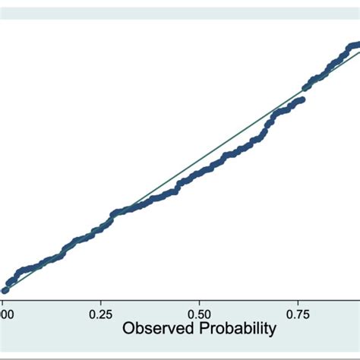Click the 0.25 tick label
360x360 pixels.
point(101,313)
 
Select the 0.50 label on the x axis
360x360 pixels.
point(199,313)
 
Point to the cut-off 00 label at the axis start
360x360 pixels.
point(5,313)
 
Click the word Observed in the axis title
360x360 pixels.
point(157,330)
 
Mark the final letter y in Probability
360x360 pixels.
point(272,333)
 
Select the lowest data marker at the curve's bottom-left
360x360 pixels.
point(5,289)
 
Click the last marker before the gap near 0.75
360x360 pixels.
point(302,99)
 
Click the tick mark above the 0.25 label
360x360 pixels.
point(101,301)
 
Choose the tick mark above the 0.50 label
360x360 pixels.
point(199,301)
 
